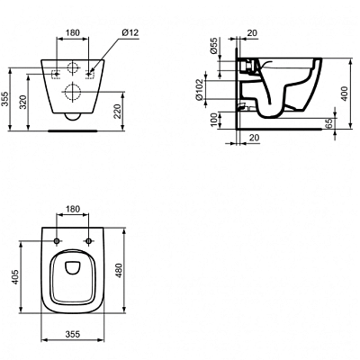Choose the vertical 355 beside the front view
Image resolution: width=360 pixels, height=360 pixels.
coord(7,99)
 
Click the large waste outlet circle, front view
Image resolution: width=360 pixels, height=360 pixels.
coord(72,91)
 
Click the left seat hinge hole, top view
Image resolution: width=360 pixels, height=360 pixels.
coord(56,240)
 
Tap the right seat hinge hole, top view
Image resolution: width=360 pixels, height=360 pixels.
coord(89,240)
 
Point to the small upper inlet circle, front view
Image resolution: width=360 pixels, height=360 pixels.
coord(72,68)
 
